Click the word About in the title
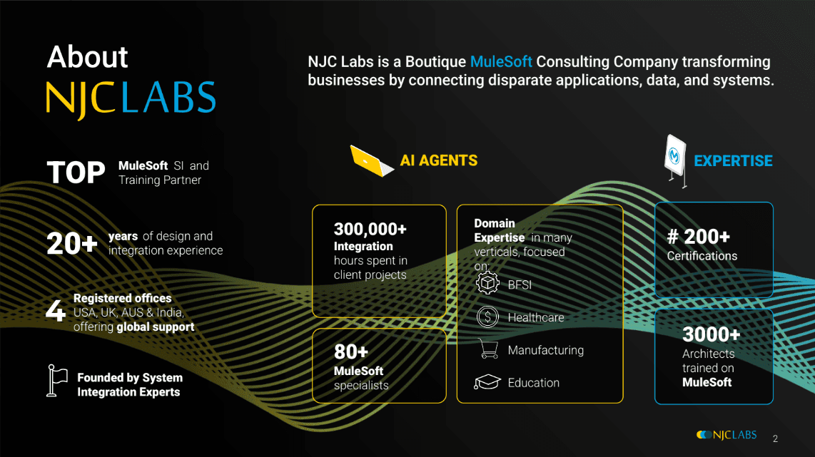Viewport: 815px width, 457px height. tap(87, 56)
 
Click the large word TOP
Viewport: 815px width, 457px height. tap(76, 173)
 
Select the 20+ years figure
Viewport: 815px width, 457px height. tap(72, 244)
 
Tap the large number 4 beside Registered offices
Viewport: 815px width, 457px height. tap(56, 311)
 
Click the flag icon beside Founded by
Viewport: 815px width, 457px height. tap(56, 381)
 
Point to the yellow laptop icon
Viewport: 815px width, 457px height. tap(372, 161)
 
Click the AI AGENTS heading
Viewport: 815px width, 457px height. tap(439, 160)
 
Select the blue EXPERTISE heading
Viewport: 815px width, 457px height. tap(733, 161)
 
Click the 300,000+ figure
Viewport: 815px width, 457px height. tap(370, 229)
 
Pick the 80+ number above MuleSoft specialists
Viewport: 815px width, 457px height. tap(351, 352)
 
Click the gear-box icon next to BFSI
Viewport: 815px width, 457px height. tap(487, 283)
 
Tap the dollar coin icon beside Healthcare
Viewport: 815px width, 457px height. tap(487, 317)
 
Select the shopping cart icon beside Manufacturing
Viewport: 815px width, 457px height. tap(488, 349)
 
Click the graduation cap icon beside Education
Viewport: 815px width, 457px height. tap(487, 382)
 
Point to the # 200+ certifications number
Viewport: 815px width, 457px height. tap(699, 237)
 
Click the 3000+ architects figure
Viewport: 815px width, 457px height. tap(711, 335)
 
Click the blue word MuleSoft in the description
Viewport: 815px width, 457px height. tap(501, 62)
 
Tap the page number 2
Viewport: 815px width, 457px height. tap(775, 439)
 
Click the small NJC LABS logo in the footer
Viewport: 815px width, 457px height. tap(727, 435)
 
